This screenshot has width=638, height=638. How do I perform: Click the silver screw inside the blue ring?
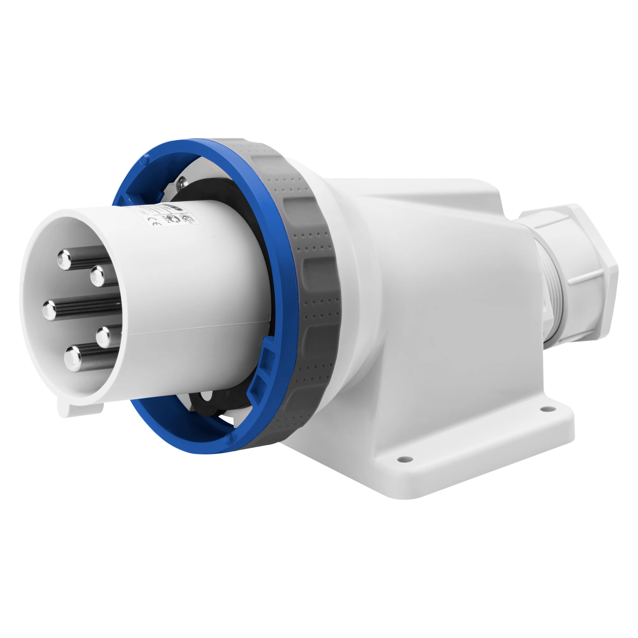pyautogui.click(x=181, y=182)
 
